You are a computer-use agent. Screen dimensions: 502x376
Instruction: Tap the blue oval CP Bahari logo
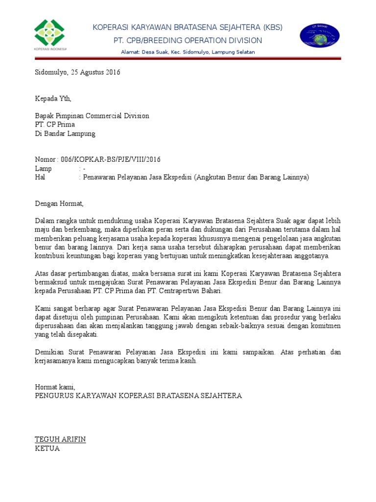point(320,35)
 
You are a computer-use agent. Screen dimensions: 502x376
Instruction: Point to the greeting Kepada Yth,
point(53,99)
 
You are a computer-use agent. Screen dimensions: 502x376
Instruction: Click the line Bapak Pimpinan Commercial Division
point(92,116)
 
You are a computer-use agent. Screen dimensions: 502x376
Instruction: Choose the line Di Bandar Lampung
point(65,133)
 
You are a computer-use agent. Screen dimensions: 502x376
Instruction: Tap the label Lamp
point(43,169)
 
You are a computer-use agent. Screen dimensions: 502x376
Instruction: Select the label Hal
point(40,177)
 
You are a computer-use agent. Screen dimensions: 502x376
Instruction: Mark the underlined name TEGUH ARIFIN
point(60,439)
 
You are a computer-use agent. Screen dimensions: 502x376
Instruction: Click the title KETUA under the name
point(47,448)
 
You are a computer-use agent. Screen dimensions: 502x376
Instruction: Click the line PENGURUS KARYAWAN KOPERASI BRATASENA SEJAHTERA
point(139,396)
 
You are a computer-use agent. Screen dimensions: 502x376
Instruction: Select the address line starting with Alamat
point(188,52)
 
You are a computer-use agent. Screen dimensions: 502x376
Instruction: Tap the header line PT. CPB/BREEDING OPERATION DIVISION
point(188,40)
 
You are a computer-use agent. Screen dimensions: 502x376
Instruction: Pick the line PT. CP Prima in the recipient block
point(55,125)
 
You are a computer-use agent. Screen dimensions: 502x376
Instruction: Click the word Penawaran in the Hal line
point(101,177)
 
